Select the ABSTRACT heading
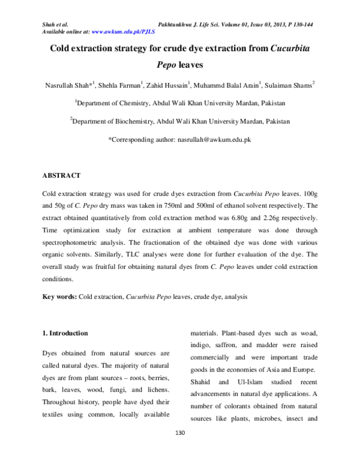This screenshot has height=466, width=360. click(61, 175)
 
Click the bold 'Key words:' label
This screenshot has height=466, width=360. click(59, 297)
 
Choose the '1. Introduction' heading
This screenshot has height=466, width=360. click(65, 333)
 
